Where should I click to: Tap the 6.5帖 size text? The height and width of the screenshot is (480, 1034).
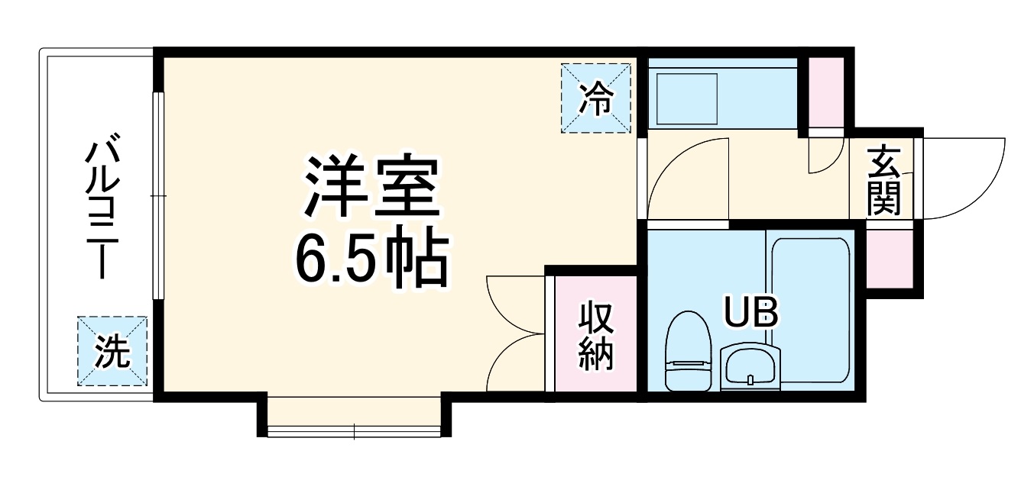tap(370, 259)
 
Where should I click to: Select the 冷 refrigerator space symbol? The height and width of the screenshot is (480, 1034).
tap(597, 98)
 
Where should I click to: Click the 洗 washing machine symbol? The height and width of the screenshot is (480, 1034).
tap(112, 352)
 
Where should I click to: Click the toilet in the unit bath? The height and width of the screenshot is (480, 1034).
tap(689, 351)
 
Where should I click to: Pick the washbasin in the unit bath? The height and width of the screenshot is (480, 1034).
tap(750, 367)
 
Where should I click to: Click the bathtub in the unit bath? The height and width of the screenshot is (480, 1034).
tap(810, 305)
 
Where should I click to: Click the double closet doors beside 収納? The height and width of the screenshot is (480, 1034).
tap(514, 334)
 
